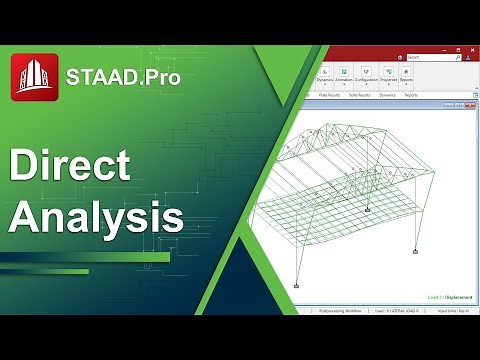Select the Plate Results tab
327,95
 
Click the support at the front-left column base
296,286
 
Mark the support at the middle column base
368,209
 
